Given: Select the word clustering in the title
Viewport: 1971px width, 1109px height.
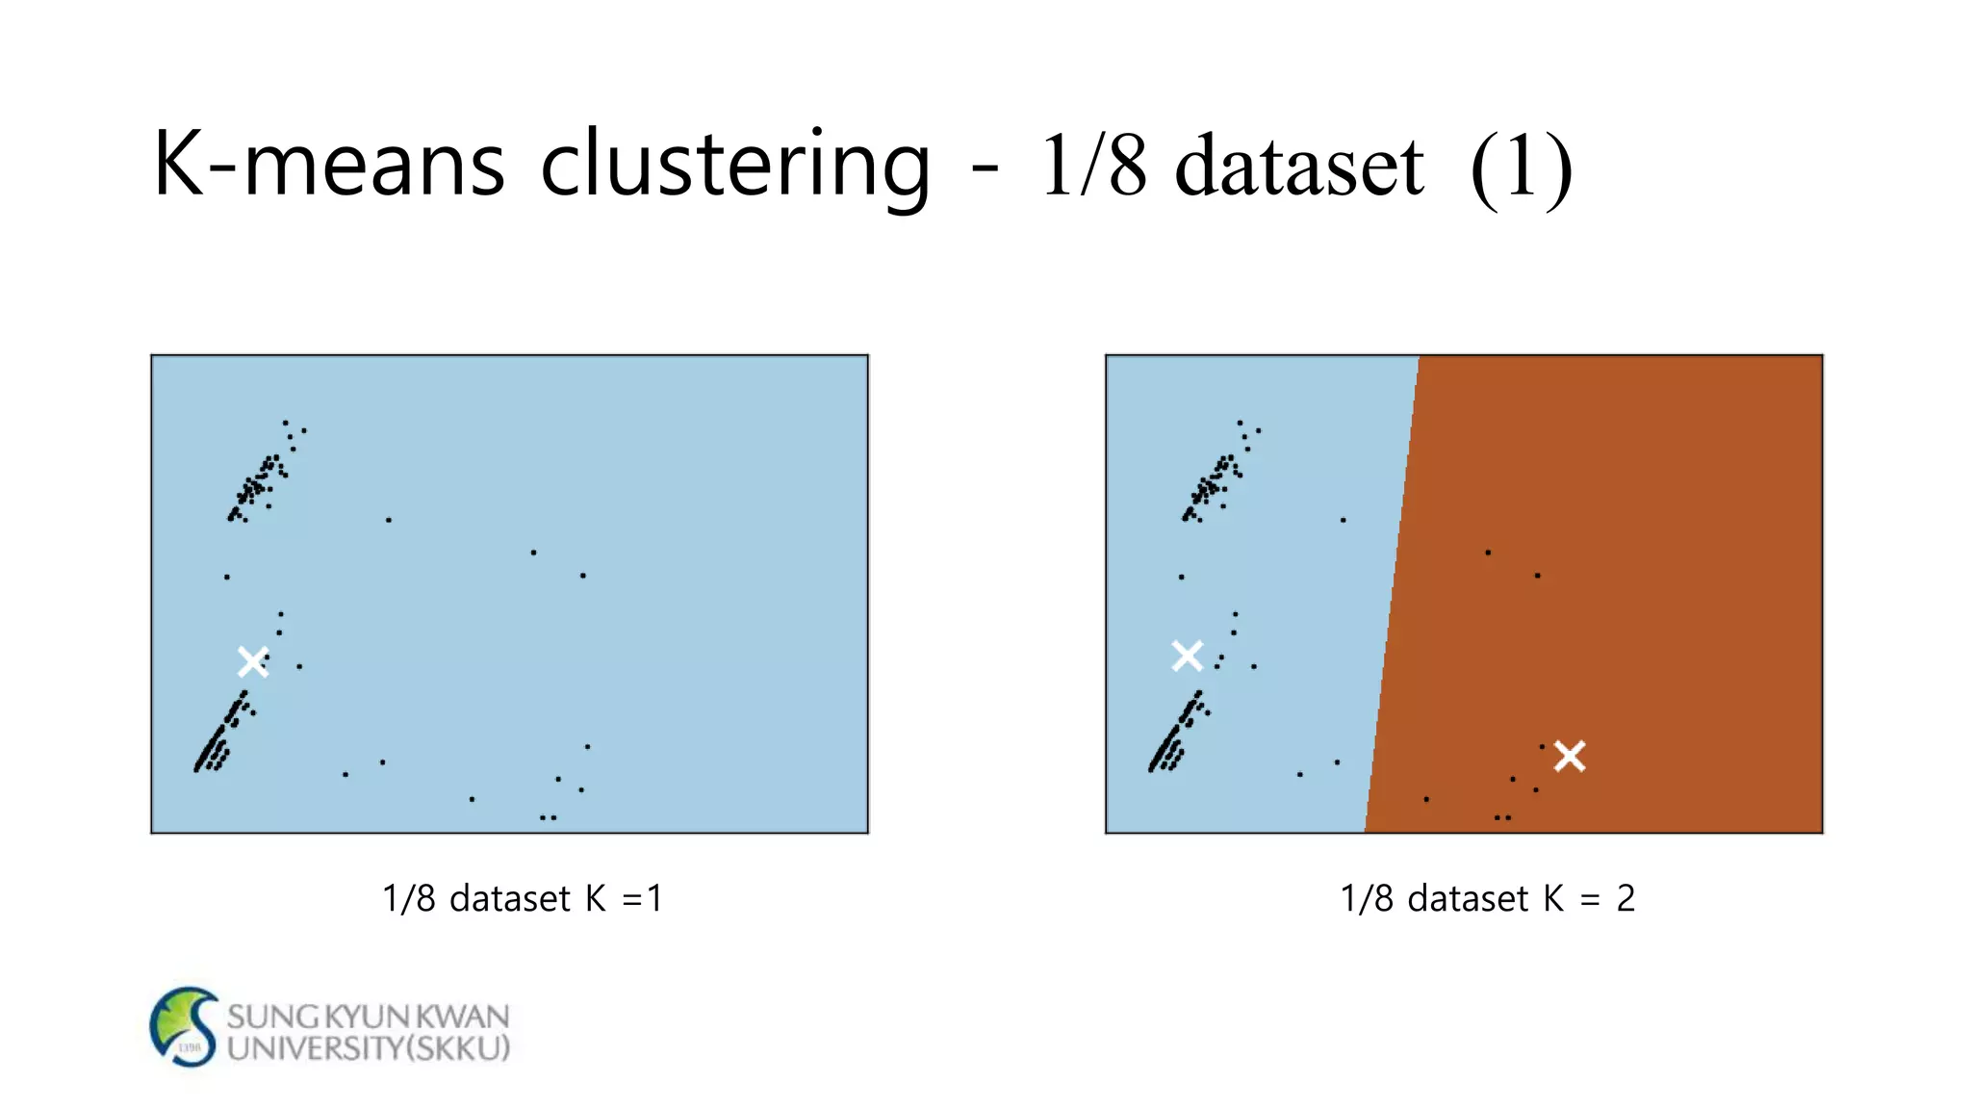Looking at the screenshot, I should (x=735, y=166).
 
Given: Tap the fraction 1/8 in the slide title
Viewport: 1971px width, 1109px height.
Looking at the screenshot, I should (x=1093, y=166).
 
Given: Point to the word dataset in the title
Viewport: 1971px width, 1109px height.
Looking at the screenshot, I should (x=1299, y=166).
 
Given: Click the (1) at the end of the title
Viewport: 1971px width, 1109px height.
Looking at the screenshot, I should (x=1522, y=168).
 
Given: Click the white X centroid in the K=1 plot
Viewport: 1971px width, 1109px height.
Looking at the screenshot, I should (x=253, y=661).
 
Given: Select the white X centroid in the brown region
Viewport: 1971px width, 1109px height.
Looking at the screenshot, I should (x=1570, y=756).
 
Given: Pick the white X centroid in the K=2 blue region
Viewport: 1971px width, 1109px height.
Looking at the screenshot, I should (x=1188, y=656).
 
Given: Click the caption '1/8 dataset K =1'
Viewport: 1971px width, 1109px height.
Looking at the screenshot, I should (x=523, y=898).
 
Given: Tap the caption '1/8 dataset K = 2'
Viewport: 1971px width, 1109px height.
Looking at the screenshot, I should (x=1487, y=898).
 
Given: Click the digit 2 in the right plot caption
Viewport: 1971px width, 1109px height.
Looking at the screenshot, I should (x=1625, y=898).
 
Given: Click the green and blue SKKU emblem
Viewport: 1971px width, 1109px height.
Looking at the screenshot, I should (x=185, y=1026).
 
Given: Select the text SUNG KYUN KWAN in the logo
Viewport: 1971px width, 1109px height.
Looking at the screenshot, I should (x=368, y=1016).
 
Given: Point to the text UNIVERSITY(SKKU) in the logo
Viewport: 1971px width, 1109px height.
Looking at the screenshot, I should (x=368, y=1047).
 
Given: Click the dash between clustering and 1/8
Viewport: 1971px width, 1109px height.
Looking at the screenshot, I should (x=984, y=169).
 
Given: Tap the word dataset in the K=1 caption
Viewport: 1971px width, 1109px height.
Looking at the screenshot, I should (x=510, y=898).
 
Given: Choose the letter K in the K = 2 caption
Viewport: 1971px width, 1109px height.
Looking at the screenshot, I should (x=1553, y=898).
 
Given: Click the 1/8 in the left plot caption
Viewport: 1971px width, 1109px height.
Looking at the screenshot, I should (x=409, y=898).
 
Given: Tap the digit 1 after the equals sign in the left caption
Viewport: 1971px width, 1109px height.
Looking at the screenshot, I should (x=655, y=898).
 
